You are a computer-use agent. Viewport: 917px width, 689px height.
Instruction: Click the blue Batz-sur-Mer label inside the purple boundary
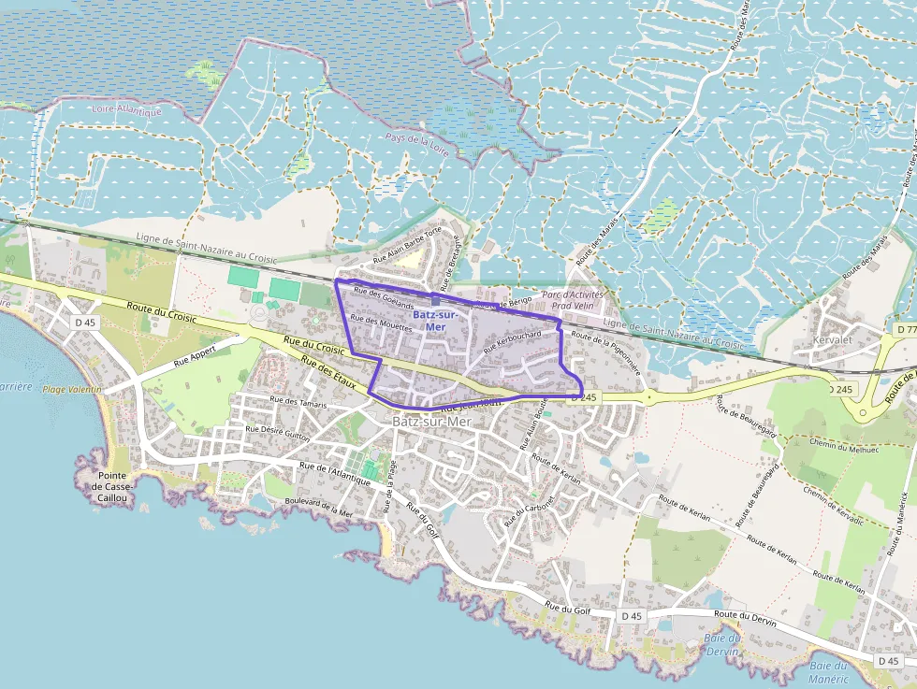pos(434,321)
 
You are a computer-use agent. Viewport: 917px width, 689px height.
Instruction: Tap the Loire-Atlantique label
pos(127,110)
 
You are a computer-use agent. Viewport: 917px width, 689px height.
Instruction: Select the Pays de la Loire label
pos(418,141)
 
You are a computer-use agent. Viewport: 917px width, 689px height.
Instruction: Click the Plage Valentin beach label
pos(71,389)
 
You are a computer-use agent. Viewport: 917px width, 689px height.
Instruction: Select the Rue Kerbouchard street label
pos(513,339)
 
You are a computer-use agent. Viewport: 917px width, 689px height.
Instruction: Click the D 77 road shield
pos(905,330)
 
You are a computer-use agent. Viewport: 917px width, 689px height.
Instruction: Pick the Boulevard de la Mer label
pos(319,507)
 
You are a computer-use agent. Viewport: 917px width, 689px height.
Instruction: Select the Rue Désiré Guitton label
pos(277,435)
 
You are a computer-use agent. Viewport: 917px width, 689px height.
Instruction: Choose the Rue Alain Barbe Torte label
pos(406,245)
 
